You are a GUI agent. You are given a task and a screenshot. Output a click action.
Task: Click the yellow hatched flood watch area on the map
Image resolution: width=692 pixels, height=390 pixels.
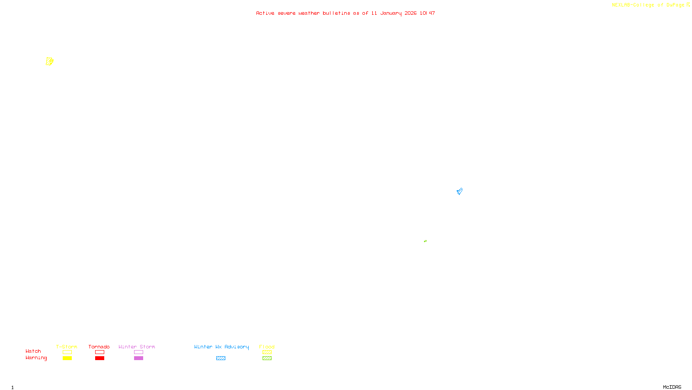click(x=49, y=62)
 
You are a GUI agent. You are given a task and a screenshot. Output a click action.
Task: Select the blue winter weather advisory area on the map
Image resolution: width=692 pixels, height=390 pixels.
click(x=459, y=191)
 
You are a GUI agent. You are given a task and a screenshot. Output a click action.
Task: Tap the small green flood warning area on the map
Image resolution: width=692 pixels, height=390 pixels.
click(x=425, y=241)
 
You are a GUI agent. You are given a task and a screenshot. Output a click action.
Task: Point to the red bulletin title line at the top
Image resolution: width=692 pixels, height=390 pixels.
click(x=345, y=13)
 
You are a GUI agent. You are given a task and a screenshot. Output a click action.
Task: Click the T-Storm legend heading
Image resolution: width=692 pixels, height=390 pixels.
click(x=67, y=347)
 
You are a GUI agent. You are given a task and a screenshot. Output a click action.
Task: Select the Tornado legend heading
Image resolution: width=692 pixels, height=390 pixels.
click(x=99, y=347)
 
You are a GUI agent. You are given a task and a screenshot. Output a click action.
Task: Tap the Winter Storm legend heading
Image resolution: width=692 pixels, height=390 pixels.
click(x=137, y=347)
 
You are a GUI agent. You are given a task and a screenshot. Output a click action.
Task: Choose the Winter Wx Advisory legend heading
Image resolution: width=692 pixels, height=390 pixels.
click(x=221, y=347)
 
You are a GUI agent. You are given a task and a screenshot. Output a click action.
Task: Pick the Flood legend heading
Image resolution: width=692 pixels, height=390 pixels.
click(x=267, y=347)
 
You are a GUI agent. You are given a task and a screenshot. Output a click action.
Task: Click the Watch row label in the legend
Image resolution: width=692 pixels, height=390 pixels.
click(x=33, y=351)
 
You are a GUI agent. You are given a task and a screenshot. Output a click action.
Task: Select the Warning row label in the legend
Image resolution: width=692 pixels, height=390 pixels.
click(x=36, y=358)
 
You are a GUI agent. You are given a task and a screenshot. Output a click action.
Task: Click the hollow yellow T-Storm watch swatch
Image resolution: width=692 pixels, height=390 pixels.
click(x=67, y=352)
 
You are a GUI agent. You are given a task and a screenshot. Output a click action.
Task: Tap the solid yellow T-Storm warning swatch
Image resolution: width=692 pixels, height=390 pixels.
click(x=67, y=358)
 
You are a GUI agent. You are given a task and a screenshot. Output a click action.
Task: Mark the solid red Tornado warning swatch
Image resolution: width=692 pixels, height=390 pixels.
click(x=99, y=358)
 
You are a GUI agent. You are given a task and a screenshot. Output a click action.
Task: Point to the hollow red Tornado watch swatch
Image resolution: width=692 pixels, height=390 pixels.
click(x=99, y=352)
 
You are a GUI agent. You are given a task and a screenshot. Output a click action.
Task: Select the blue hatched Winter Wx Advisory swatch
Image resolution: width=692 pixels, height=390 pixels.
click(x=221, y=358)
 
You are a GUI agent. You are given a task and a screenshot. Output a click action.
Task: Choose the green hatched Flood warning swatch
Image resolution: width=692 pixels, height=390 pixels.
click(x=267, y=358)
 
